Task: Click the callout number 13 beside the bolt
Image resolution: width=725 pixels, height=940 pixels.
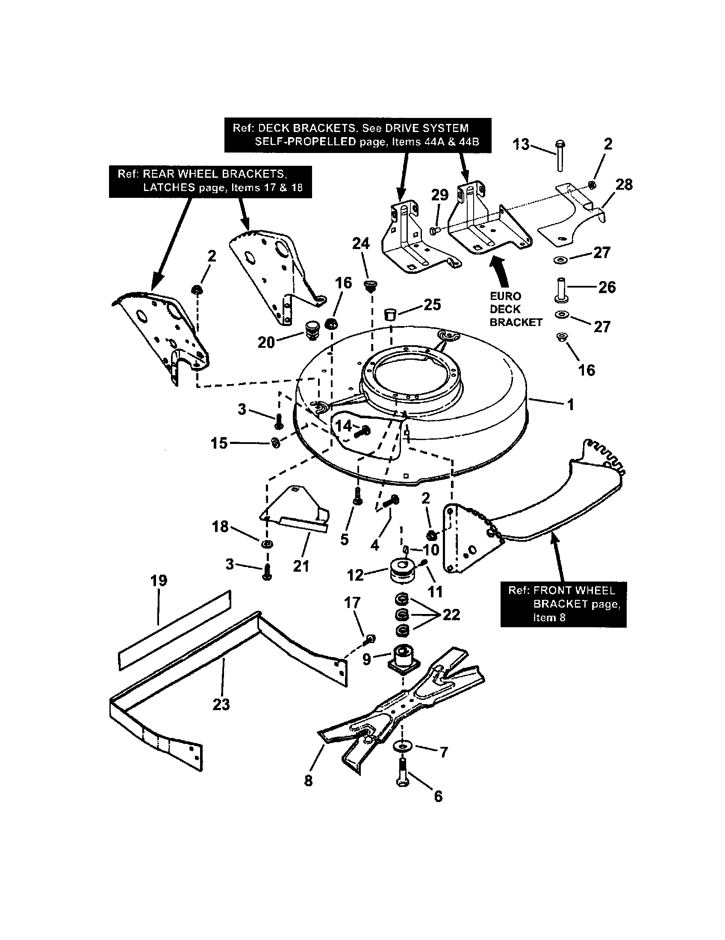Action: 521,144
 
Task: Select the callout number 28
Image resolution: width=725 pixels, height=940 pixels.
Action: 624,185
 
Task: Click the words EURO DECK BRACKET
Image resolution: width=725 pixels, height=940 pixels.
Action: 516,309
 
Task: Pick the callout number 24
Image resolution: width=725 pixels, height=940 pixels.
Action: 361,244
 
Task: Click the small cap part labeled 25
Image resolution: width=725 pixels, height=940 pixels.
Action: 390,314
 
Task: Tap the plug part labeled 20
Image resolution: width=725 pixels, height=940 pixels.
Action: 310,330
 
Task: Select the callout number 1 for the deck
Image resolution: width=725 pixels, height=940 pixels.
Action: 570,405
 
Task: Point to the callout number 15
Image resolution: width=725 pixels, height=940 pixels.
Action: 219,443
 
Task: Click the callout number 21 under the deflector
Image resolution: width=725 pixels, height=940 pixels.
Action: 301,566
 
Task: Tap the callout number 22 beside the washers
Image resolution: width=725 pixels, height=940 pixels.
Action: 451,614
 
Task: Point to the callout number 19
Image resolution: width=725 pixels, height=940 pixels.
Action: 159,581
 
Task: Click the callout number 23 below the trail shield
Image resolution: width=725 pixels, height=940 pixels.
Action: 221,705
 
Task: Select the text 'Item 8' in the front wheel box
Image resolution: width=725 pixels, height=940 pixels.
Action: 549,618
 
